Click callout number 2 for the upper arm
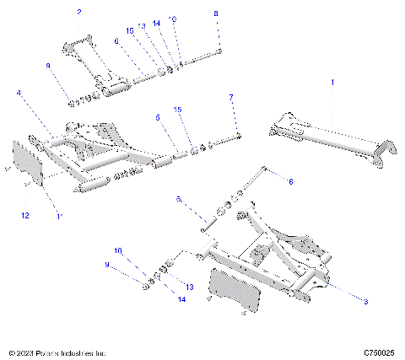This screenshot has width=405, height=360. point(79,13)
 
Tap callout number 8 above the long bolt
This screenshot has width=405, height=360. point(215,14)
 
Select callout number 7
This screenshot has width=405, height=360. point(231,98)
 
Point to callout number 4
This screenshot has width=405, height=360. point(19,93)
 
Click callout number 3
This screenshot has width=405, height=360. point(366,300)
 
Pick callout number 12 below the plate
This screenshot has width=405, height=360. point(24,217)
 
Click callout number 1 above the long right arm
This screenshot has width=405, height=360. point(332,83)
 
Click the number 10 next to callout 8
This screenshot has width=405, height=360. point(173,19)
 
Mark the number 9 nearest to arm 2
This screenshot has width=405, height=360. point(48,66)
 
